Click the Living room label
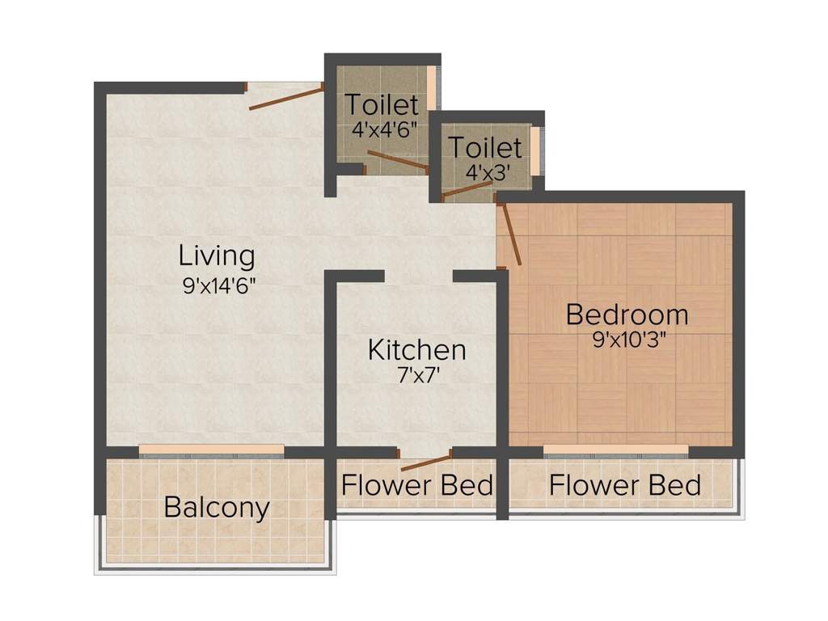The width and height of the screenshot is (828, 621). [x=217, y=256]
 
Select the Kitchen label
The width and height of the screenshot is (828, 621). [x=416, y=350]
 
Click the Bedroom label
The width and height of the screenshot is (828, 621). [x=627, y=314]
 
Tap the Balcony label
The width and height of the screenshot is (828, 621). [x=216, y=508]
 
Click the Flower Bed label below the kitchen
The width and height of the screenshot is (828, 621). [x=416, y=486]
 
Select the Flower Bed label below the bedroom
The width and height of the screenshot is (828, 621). [x=625, y=486]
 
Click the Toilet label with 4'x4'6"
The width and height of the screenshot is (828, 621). [x=382, y=105]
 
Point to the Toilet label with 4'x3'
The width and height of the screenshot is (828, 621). [x=485, y=148]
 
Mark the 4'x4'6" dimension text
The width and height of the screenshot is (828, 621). [x=384, y=129]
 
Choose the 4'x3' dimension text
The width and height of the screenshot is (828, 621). [x=485, y=172]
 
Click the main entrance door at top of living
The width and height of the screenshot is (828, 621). [x=285, y=96]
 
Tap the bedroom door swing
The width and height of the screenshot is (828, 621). [x=512, y=234]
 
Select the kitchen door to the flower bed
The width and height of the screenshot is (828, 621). [x=426, y=463]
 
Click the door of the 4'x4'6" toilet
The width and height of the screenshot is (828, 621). [x=397, y=161]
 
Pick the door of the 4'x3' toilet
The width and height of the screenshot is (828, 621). [x=467, y=190]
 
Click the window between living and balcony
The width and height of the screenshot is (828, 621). [x=211, y=450]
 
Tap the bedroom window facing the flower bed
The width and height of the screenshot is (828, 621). [x=615, y=450]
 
